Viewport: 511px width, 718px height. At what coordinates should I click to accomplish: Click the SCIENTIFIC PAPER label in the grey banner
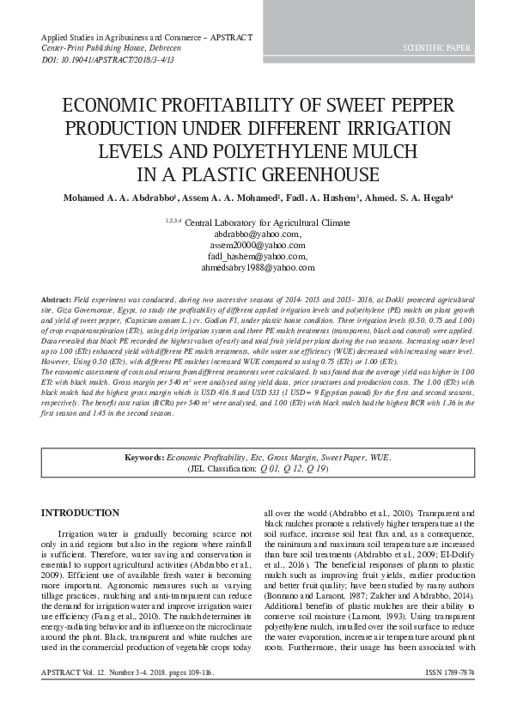437,48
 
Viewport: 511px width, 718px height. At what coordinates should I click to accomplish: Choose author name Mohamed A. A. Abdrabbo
119,199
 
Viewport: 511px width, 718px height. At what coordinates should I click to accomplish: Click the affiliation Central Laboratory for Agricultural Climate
267,222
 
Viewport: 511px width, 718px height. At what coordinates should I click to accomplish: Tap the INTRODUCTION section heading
81,513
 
